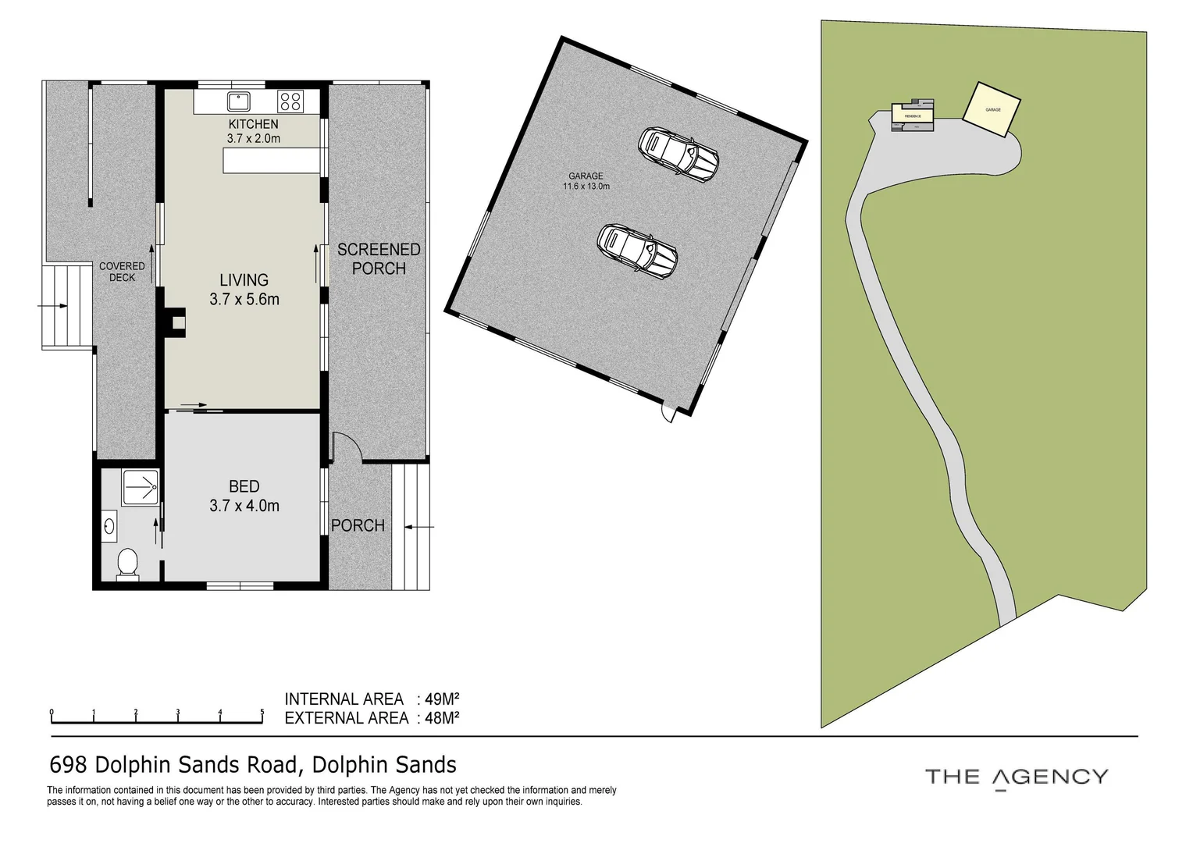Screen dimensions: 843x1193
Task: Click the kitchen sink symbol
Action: (x=238, y=101)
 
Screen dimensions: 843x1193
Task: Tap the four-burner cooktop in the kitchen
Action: (x=290, y=101)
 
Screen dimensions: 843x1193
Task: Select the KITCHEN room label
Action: (x=253, y=124)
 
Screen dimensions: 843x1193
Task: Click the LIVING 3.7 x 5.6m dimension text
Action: (x=244, y=299)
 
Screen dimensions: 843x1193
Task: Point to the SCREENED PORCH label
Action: (x=379, y=259)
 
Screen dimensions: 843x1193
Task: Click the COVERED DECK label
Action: (x=122, y=272)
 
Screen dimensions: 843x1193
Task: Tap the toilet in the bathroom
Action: (x=126, y=564)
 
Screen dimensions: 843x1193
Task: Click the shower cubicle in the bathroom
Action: (x=141, y=487)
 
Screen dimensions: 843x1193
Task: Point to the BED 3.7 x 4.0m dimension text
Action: (x=244, y=506)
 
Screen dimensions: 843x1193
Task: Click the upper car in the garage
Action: (x=678, y=154)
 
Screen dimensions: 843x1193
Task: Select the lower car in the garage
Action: (x=636, y=249)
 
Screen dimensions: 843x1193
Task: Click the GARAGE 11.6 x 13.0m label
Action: (x=586, y=181)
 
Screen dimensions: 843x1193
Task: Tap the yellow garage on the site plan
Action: (x=992, y=109)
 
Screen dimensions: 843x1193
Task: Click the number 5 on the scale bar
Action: (x=262, y=712)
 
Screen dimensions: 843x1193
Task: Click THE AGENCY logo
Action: (x=1016, y=777)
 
